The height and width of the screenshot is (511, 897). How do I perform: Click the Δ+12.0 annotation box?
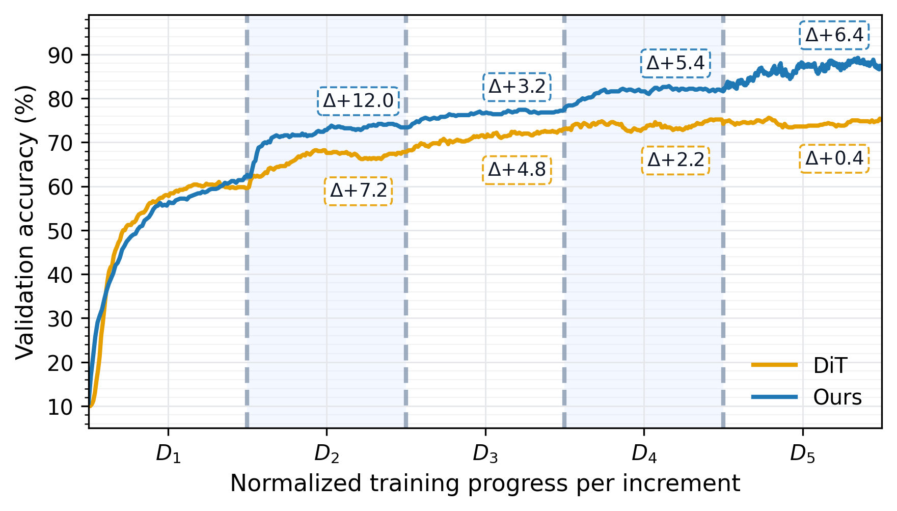point(358,101)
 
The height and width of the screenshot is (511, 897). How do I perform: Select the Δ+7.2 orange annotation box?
point(358,191)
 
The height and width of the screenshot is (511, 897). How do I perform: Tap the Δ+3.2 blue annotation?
point(517,87)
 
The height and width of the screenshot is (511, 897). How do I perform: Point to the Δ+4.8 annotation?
point(517,170)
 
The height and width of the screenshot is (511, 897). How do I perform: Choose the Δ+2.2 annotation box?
point(675,160)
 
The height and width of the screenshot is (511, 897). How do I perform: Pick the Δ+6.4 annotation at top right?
point(834,35)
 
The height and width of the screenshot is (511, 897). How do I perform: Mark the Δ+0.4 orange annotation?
point(834,159)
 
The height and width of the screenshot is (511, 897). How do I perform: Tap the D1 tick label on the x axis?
point(168,453)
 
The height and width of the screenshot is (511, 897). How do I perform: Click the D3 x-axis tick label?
point(485,453)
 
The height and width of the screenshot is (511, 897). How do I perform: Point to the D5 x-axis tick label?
point(803,453)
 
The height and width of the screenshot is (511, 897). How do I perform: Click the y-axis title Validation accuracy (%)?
point(25,222)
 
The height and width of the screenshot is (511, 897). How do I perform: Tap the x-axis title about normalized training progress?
point(485,483)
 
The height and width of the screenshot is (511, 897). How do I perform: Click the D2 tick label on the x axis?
point(327,453)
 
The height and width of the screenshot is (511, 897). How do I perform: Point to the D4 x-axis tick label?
point(644,453)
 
